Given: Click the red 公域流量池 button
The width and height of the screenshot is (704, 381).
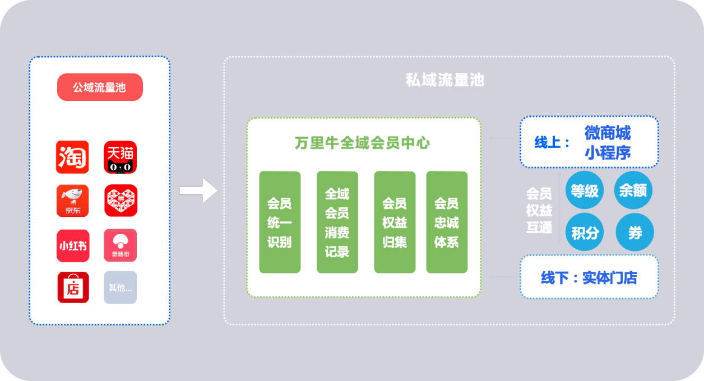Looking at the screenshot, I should click(x=100, y=87).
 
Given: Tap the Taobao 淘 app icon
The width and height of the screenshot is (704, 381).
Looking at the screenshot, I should click(x=72, y=157).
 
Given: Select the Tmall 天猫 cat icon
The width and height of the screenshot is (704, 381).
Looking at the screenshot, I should click(x=121, y=157).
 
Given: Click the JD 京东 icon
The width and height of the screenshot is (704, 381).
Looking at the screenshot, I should click(x=72, y=201).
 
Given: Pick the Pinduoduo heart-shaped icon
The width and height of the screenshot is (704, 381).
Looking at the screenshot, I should click(x=121, y=201).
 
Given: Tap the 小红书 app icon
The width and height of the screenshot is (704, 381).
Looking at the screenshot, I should click(x=72, y=245).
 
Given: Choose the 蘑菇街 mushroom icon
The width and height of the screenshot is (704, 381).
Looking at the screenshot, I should click(x=121, y=245).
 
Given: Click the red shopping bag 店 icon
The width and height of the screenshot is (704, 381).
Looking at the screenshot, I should click(x=73, y=287).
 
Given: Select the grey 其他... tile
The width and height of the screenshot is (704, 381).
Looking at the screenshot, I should click(x=120, y=287).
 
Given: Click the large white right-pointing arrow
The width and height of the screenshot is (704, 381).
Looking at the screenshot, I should click(x=198, y=190).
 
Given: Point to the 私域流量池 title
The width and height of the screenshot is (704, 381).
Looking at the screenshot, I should click(x=444, y=80).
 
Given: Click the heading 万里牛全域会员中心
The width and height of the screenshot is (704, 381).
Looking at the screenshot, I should click(x=363, y=143).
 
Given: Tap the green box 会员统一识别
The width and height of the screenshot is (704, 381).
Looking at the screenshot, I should click(x=280, y=222).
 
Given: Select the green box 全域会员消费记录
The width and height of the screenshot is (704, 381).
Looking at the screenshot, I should click(x=337, y=222).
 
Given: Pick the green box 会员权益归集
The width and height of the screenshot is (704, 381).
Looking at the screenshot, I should click(x=395, y=222).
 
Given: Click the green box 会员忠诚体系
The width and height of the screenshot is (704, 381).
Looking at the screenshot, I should click(x=447, y=222).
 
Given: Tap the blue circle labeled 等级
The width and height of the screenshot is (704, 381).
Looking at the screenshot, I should click(x=585, y=190).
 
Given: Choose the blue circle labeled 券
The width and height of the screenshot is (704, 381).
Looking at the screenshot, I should click(x=634, y=232).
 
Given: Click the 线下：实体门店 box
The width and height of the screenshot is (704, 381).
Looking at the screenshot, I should click(x=589, y=277).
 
